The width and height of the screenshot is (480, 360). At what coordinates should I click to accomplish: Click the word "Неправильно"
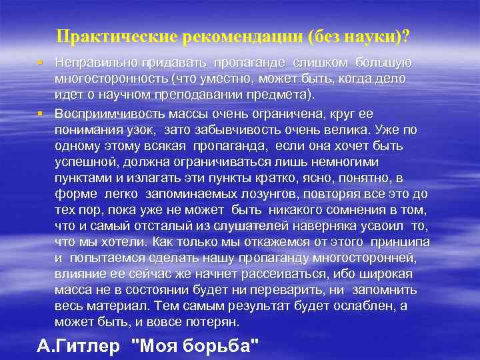pyautogui.click(x=98, y=63)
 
